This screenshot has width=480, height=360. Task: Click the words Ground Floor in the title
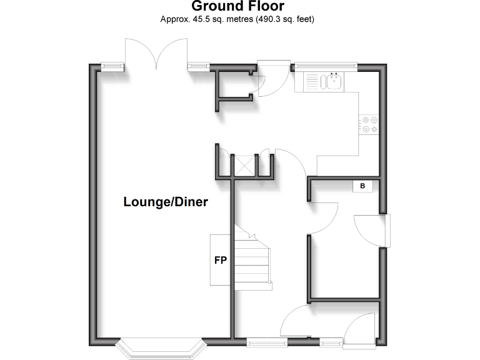(237, 7)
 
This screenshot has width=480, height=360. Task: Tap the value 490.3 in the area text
(267, 19)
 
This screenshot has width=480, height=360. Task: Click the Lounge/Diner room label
(166, 202)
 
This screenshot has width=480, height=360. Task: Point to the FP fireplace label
(220, 261)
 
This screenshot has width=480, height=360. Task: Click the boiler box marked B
(362, 186)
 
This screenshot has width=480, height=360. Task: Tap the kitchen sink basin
(331, 81)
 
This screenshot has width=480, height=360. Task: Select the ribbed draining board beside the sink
(311, 81)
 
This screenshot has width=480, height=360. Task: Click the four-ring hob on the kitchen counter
(369, 124)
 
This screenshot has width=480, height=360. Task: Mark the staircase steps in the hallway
(253, 259)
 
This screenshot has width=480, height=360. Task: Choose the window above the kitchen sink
(325, 64)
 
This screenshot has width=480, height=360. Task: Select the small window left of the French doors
(112, 65)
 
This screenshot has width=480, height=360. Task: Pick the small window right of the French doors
(197, 65)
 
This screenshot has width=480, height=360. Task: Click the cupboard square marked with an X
(244, 166)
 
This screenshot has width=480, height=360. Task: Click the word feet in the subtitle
(302, 19)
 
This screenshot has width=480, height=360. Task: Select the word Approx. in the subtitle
(174, 19)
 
